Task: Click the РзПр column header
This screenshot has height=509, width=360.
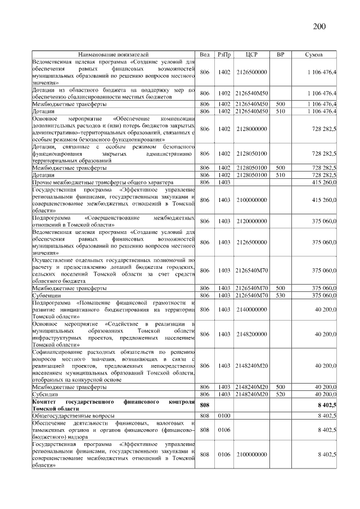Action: [x=224, y=54]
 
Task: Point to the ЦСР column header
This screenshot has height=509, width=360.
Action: [x=251, y=54]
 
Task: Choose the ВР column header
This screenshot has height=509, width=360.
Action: [x=280, y=54]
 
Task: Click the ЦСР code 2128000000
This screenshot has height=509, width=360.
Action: [x=251, y=129]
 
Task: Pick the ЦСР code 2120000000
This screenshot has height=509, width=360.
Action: [x=251, y=221]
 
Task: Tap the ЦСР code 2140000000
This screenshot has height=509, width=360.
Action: [x=251, y=309]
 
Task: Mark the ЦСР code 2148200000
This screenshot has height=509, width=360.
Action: [x=251, y=334]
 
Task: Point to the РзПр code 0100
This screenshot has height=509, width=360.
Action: [x=224, y=416]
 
